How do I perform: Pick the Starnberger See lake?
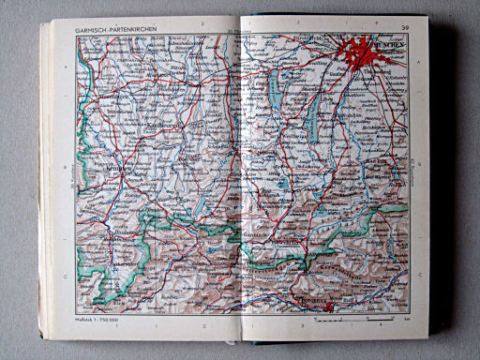tap(312, 112)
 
